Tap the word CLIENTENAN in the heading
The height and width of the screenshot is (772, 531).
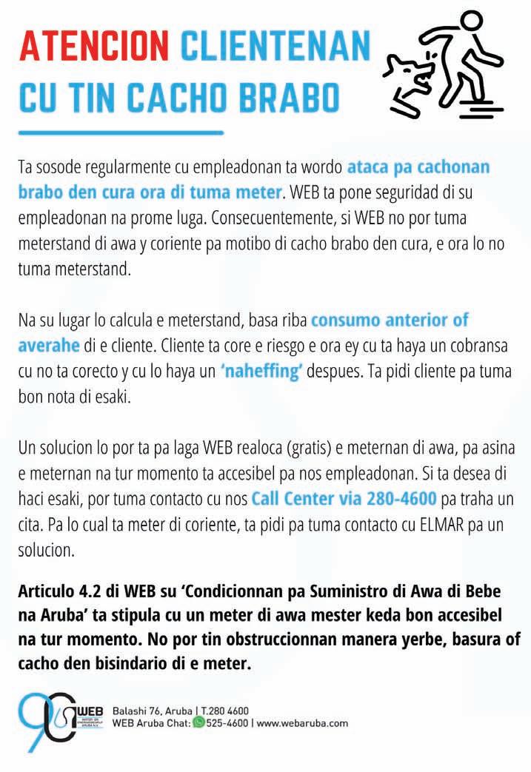pos(275,47)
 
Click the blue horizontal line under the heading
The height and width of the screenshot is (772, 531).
pos(120,132)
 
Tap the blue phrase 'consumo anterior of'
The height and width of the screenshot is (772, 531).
pos(390,321)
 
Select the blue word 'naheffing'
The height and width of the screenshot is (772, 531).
pos(261,372)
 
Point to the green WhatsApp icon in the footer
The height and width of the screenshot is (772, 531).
pos(198,722)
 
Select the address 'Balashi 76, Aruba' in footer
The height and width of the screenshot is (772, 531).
pos(150,710)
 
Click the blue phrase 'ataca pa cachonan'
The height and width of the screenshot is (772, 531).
pos(418,167)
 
